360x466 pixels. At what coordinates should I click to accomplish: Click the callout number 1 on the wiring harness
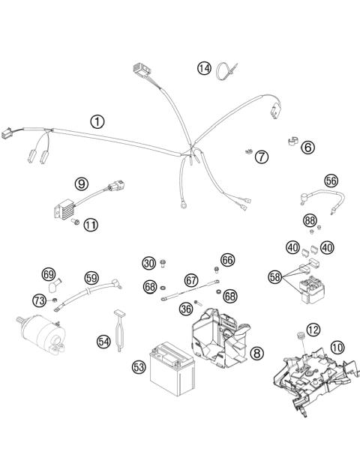(x=97, y=121)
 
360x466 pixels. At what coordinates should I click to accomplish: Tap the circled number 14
(x=204, y=68)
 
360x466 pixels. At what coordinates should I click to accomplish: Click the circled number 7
(x=260, y=157)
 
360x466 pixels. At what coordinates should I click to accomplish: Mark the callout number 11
(x=91, y=224)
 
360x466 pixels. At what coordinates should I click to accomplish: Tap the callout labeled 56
(x=331, y=180)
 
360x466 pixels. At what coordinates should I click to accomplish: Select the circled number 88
(x=309, y=220)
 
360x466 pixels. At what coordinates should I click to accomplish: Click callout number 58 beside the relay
(x=276, y=276)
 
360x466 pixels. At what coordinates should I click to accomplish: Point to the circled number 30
(x=149, y=262)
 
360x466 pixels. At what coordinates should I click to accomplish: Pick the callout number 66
(x=228, y=259)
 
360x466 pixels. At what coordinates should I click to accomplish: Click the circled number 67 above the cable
(x=191, y=279)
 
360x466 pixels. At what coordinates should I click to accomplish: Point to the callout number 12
(x=313, y=328)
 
